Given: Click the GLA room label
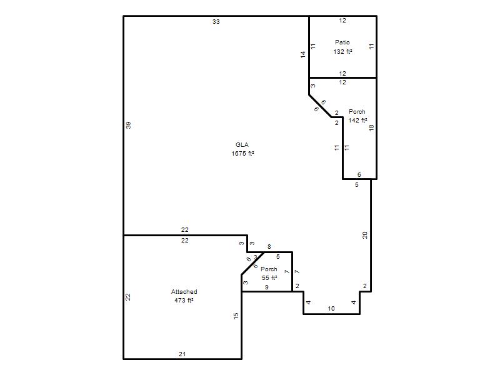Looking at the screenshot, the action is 242,145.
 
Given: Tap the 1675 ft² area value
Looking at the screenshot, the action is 242,153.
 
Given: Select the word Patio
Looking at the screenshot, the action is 342,42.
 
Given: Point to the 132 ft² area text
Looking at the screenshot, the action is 342,51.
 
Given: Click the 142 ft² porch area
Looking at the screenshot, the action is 357,120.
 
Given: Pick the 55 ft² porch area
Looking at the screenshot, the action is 269,277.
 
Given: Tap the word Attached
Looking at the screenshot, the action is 184,291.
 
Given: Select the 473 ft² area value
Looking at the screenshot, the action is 184,301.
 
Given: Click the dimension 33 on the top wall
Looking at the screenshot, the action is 216,22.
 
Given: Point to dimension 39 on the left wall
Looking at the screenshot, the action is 128,126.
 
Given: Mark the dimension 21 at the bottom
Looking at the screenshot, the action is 182,354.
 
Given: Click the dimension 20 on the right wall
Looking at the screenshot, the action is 365,235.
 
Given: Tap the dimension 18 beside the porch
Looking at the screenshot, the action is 371,128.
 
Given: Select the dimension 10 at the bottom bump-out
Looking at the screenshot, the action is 331,308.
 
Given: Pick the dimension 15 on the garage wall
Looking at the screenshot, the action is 236,316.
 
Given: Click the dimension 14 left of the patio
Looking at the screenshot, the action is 303,54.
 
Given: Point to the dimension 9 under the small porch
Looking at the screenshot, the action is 267,287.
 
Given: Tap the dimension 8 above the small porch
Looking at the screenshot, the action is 269,246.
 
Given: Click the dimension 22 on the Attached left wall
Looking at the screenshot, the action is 128,297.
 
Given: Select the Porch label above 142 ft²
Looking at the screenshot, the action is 357,112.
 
